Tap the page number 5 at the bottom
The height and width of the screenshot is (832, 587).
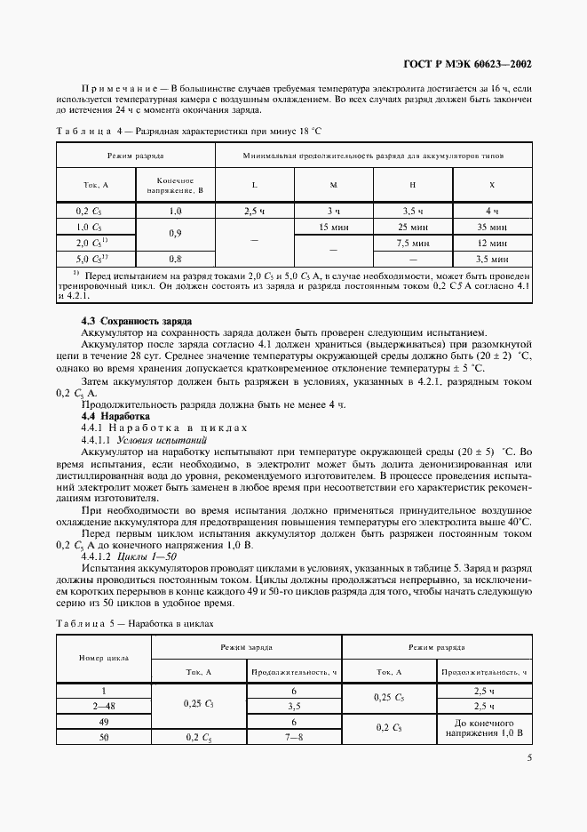(528, 758)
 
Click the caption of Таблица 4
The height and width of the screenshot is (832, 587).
(187, 131)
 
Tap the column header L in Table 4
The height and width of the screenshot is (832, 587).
(255, 185)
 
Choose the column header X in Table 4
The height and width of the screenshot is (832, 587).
(492, 185)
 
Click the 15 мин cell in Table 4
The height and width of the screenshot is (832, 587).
(333, 227)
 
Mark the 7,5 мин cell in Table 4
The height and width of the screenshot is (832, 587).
(412, 242)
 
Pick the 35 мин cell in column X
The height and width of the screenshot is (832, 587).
(492, 227)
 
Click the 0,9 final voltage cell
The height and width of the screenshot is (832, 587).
(174, 235)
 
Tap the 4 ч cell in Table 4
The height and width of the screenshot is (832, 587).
(492, 212)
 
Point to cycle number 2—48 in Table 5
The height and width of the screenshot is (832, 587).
(104, 706)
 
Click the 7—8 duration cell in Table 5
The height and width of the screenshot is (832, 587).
(292, 737)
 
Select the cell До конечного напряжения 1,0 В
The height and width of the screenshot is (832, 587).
(485, 729)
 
